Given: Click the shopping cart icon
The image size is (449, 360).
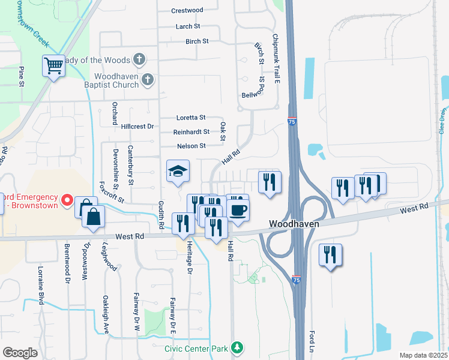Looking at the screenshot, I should [x=53, y=65].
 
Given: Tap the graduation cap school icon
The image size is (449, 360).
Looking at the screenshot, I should [x=178, y=172].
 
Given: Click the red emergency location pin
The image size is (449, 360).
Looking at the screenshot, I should [x=68, y=199].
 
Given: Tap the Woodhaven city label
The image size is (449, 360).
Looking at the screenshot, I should [x=293, y=223].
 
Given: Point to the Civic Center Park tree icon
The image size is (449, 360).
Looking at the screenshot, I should [x=238, y=348].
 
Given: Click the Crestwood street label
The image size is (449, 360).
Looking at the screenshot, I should [x=187, y=10].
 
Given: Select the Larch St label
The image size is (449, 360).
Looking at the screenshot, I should [x=188, y=26].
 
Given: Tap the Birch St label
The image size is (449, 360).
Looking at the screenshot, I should [x=197, y=41].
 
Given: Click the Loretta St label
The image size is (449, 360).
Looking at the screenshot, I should [x=191, y=118].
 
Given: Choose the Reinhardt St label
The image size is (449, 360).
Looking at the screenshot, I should [x=191, y=132].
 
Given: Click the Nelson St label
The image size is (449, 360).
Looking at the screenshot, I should [x=191, y=146].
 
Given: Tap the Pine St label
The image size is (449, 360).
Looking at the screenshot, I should [x=21, y=76].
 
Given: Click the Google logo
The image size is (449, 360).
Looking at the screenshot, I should [x=20, y=352].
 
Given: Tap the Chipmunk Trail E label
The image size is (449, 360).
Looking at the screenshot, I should [x=276, y=58].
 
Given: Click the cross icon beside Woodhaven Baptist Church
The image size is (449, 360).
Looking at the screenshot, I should [x=148, y=79].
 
